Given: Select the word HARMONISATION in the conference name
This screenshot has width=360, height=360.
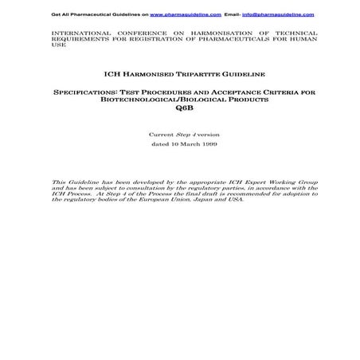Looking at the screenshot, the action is point(209,33).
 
